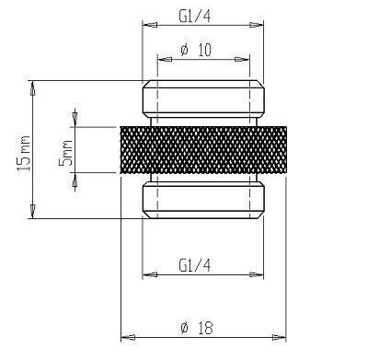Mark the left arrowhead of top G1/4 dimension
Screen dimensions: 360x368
coord(145,27)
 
